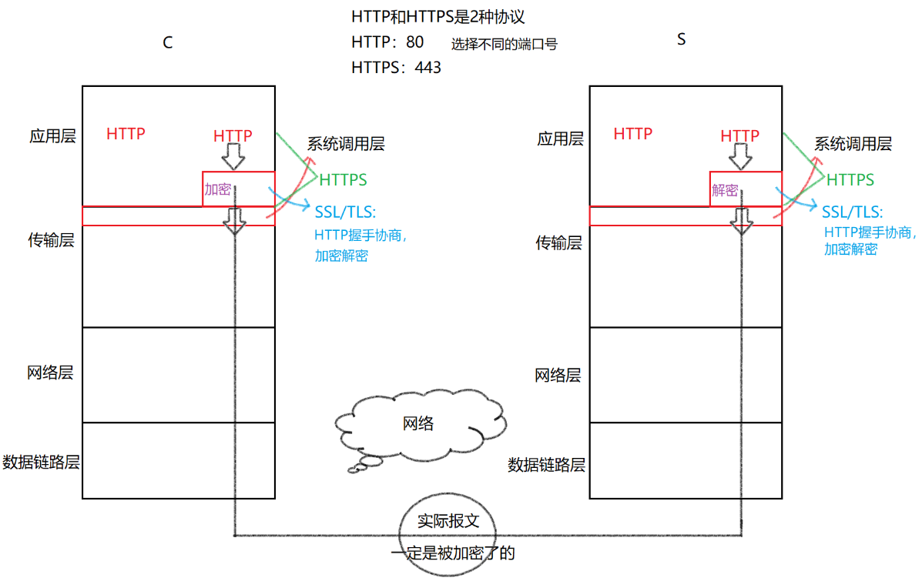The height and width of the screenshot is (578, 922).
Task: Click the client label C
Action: coord(167,43)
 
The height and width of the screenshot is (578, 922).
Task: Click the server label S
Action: coord(681,39)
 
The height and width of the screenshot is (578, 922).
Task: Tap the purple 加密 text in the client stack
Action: coord(217,189)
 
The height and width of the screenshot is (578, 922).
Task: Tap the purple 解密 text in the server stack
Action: coord(725,190)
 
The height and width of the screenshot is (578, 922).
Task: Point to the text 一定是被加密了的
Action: coord(452,553)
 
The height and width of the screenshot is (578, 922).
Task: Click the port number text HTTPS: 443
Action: coord(396,68)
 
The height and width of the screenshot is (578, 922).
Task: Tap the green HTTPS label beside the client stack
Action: coord(343,180)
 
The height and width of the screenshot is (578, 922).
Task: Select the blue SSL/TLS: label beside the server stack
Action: coord(852,212)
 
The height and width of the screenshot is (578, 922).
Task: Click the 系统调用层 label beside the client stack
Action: coord(346,144)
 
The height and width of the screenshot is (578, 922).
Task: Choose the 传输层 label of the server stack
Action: coord(558,243)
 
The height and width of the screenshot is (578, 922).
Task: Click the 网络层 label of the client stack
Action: coord(50,373)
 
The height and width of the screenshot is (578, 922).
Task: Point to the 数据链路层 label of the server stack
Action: coord(547,466)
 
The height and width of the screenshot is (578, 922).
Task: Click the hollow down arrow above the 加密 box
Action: coord(233,157)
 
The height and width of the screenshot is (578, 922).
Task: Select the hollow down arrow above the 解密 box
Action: coord(741,157)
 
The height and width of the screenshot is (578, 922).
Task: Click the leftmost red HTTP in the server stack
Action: coord(633,134)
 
